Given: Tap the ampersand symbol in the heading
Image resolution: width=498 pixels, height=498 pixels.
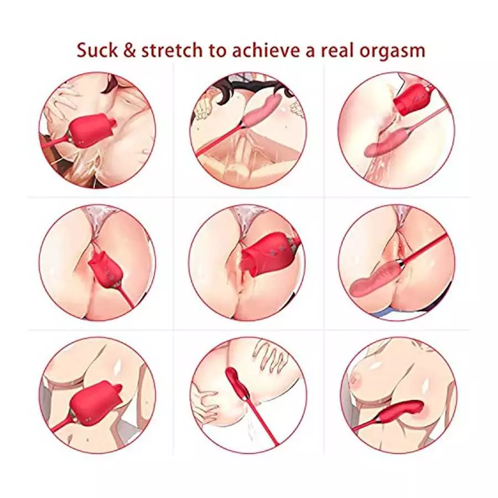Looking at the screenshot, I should pos(128,50).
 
